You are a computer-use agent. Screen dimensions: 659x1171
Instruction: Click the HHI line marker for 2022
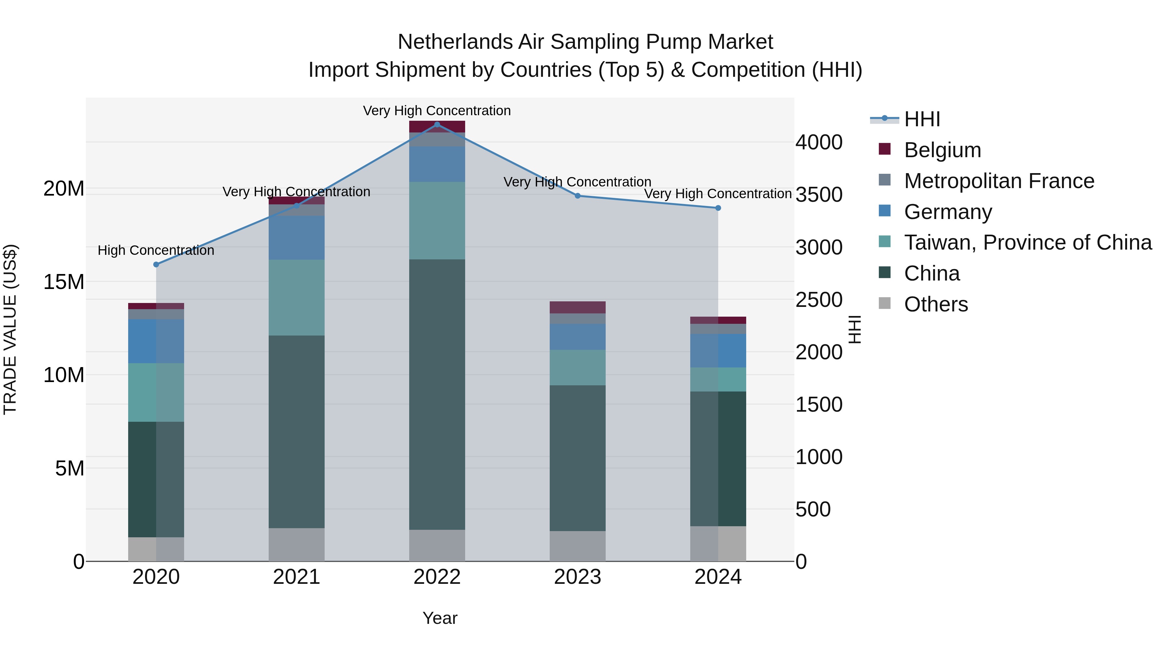tap(437, 125)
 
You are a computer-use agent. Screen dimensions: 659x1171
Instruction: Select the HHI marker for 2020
tap(156, 264)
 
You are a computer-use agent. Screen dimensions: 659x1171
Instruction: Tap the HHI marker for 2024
tap(718, 208)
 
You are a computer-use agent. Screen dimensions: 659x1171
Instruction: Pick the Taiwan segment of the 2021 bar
tap(296, 297)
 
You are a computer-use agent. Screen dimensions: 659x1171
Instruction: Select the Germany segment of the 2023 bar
tap(577, 336)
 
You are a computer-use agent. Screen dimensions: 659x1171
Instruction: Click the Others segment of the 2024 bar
tap(718, 543)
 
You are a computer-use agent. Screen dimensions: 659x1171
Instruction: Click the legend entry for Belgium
tap(942, 150)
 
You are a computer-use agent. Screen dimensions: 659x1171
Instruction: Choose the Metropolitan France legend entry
tap(998, 181)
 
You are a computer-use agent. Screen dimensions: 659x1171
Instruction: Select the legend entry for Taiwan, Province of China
tap(1027, 242)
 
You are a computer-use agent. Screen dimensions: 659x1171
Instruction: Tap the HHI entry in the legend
tap(922, 119)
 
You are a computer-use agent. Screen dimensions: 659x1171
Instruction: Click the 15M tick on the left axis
tap(64, 282)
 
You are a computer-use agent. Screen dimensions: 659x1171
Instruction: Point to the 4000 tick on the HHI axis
tap(818, 142)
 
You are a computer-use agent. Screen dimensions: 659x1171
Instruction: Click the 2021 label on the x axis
tap(296, 577)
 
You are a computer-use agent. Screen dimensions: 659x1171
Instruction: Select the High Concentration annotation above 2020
tap(156, 250)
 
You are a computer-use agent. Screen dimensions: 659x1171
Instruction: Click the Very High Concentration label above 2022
tap(437, 111)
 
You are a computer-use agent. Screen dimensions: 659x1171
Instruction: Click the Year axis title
tap(439, 618)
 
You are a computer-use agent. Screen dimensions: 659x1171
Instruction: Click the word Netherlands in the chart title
tap(471, 42)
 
